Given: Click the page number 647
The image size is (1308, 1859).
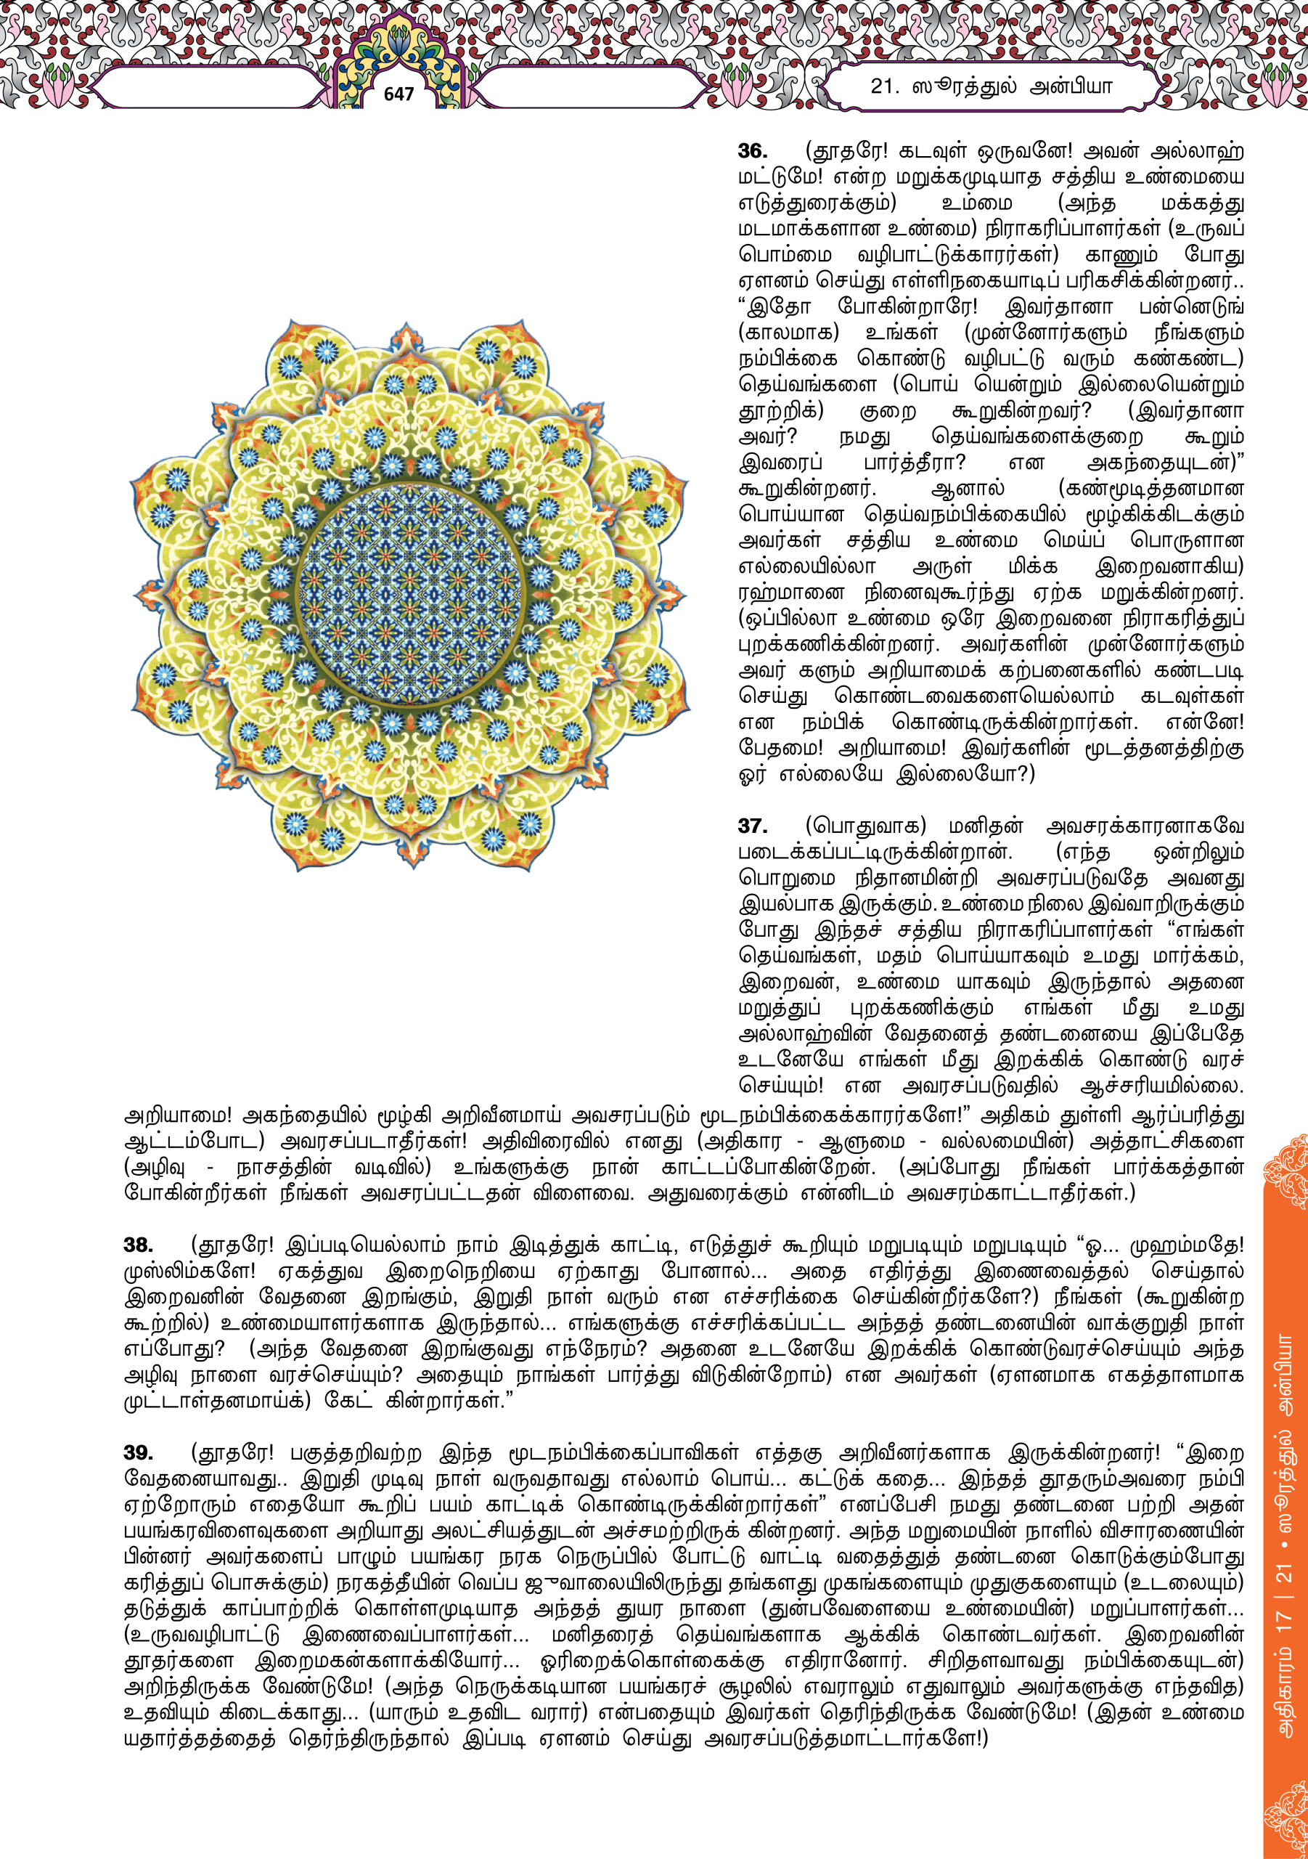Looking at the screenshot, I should point(398,94).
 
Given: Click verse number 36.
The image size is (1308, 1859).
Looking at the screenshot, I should point(752,152).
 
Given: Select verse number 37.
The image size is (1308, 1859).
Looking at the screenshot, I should point(752,826).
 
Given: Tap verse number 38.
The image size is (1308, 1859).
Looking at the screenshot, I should point(139,1245).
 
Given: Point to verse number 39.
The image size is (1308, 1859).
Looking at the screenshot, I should point(139,1452).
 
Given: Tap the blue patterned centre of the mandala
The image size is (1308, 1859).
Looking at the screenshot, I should point(409,593).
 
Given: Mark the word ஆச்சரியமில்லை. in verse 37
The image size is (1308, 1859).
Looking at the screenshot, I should point(1161,1085).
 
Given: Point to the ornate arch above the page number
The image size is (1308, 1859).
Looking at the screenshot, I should point(398,49).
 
